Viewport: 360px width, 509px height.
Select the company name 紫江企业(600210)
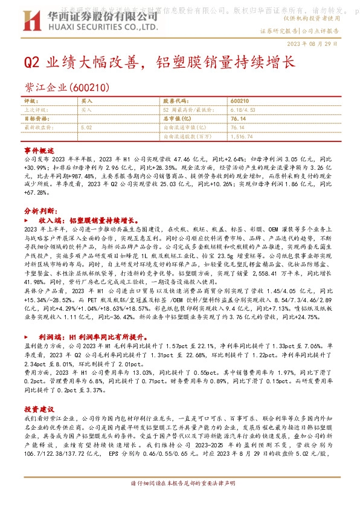tap(66, 88)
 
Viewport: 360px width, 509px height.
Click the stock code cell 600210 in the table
tap(240, 102)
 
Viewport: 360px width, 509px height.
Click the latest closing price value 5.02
tap(86, 128)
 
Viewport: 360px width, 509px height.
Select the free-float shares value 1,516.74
tap(241, 137)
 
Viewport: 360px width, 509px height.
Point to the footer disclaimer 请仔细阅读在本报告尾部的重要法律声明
tap(179, 501)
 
